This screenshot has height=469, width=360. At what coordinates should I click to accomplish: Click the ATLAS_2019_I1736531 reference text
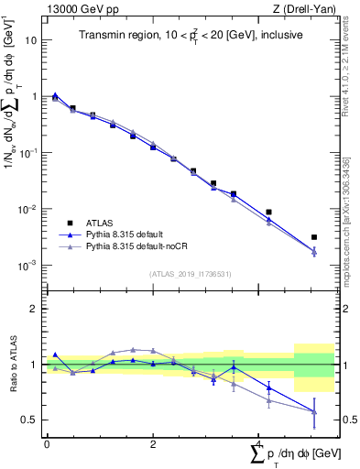pyautogui.click(x=191, y=274)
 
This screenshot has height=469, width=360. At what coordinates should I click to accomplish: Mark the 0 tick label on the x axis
pyautogui.click(x=47, y=443)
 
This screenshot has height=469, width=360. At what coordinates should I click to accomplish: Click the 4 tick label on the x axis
pyautogui.click(x=259, y=443)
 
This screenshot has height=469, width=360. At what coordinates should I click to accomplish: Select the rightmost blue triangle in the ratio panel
pyautogui.click(x=314, y=410)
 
